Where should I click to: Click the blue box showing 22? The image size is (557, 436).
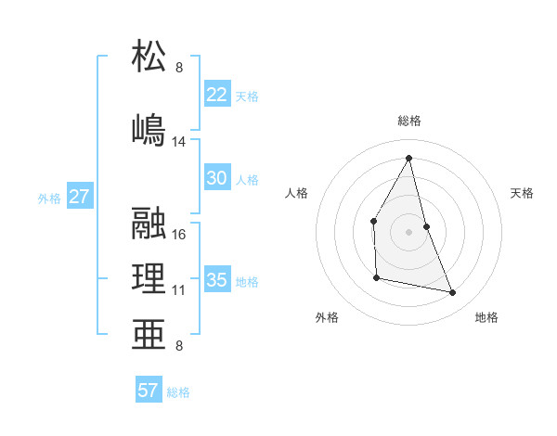tap(217, 95)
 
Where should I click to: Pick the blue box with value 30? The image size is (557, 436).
tap(217, 179)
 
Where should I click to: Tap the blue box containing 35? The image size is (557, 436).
tap(217, 280)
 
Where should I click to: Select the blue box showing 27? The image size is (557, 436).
tap(80, 197)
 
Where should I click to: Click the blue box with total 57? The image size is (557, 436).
tap(149, 391)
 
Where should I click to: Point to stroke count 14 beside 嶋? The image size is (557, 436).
tap(179, 142)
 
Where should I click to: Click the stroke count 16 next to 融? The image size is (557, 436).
tap(179, 235)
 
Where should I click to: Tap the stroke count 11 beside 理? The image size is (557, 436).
tap(178, 290)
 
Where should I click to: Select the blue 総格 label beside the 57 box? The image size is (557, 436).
tap(178, 392)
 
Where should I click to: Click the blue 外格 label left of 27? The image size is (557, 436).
tap(49, 199)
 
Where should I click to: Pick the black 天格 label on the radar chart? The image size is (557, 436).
tap(523, 193)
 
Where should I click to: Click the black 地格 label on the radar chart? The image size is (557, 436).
tap(486, 317)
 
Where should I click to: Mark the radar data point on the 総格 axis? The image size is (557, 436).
tap(408, 158)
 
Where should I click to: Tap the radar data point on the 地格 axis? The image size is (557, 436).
tap(453, 293)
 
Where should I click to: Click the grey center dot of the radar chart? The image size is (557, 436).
tap(408, 231)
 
